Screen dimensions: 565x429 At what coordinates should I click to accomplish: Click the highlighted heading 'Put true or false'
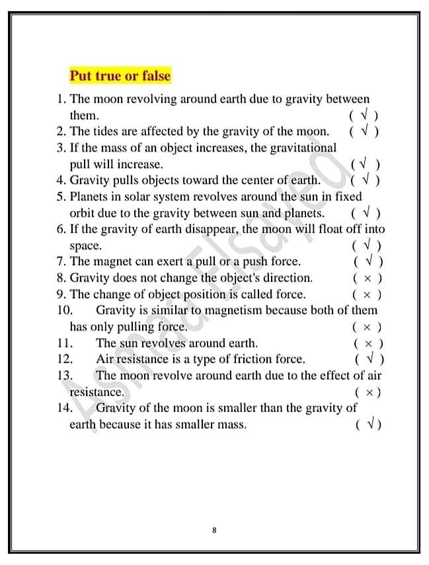pos(120,76)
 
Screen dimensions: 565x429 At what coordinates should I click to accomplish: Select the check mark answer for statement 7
pos(368,261)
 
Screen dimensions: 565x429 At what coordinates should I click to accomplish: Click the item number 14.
pos(64,408)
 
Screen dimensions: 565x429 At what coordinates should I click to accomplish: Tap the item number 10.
pos(64,310)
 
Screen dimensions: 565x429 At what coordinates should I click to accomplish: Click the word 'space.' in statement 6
pos(86,246)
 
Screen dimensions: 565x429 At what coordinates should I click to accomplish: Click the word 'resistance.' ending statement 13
pos(97,392)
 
